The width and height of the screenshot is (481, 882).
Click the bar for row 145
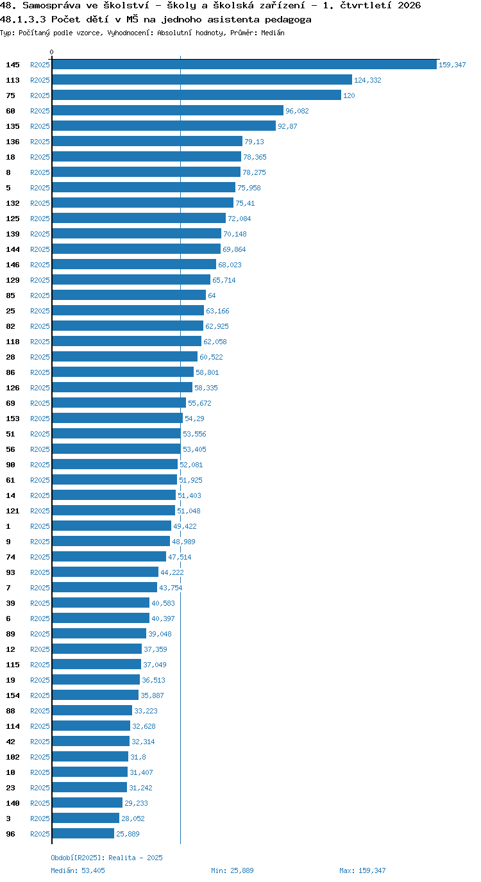click(x=244, y=65)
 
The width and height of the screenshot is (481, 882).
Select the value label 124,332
click(x=367, y=80)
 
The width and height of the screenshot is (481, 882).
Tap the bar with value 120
click(x=197, y=96)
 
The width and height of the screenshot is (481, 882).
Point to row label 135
click(x=13, y=126)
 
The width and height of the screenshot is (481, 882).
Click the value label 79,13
click(x=254, y=142)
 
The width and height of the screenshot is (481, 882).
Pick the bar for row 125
click(x=139, y=218)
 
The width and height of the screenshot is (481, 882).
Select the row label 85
click(x=11, y=295)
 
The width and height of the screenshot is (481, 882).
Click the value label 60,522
click(x=211, y=357)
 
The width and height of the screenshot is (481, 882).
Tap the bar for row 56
click(x=116, y=449)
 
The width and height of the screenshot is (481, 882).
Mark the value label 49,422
click(x=185, y=526)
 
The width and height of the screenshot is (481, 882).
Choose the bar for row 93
click(x=105, y=572)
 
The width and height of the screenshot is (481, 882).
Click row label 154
click(x=13, y=695)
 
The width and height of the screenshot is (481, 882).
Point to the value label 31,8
click(x=138, y=757)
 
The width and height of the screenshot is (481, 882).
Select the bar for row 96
click(x=83, y=833)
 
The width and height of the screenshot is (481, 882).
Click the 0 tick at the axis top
click(x=51, y=53)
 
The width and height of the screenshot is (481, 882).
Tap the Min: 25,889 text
click(x=232, y=870)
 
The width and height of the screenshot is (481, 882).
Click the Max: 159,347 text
click(x=362, y=870)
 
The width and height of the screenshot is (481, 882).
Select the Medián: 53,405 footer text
click(x=78, y=870)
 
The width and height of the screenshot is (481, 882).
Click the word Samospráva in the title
click(x=51, y=6)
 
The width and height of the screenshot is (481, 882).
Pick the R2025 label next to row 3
click(x=40, y=819)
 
